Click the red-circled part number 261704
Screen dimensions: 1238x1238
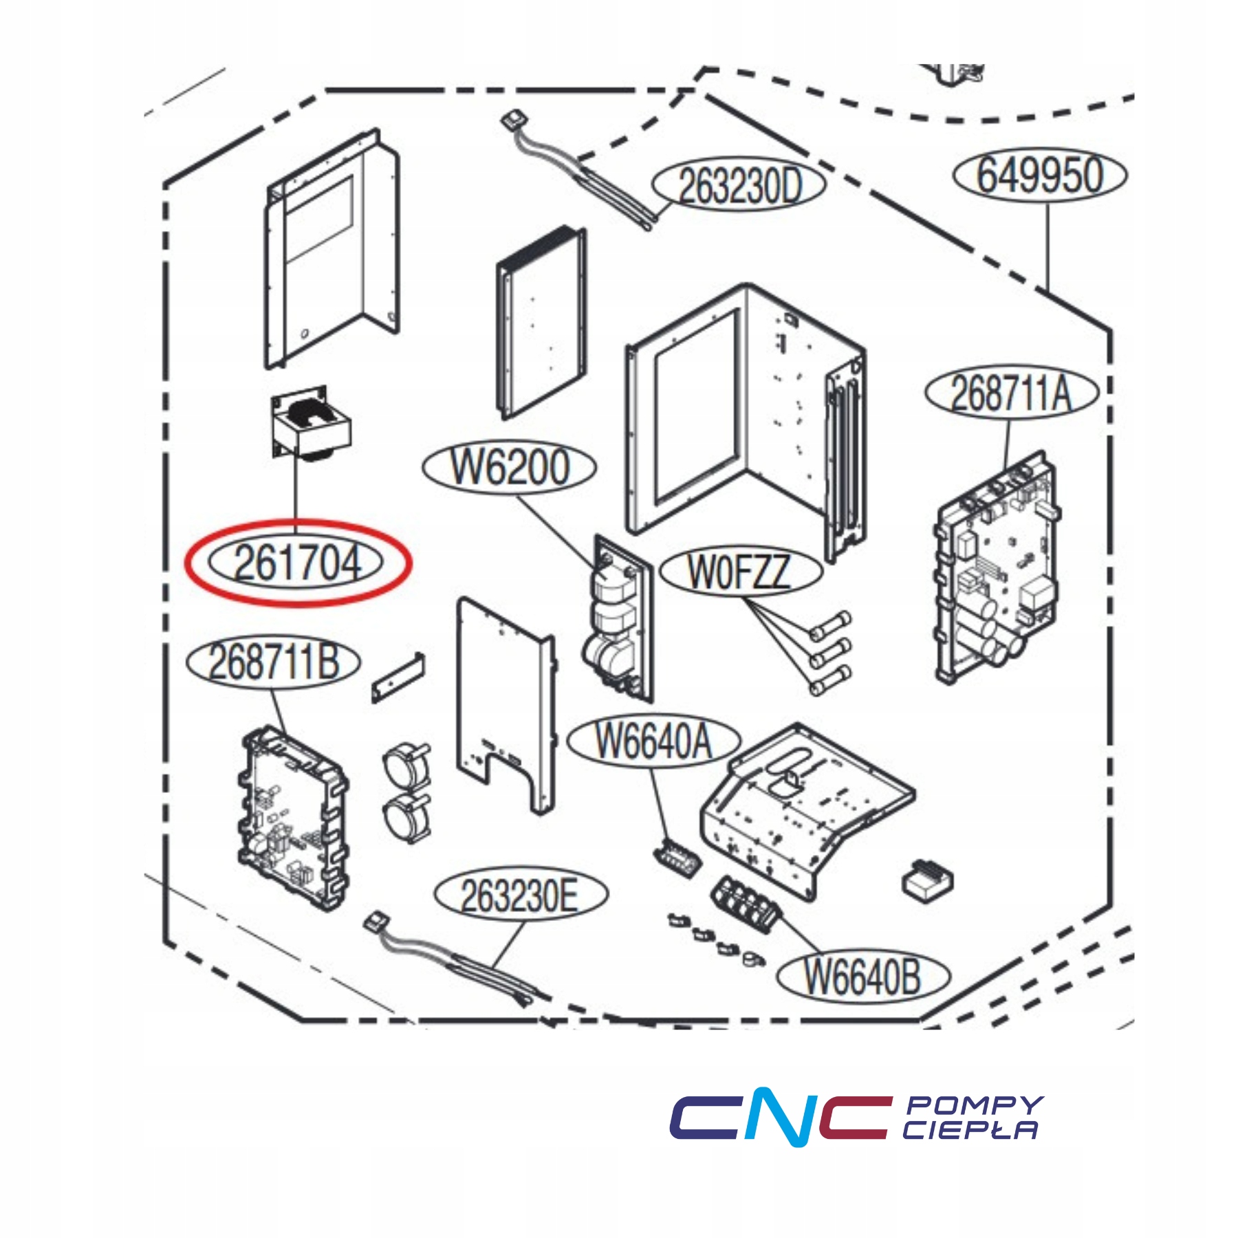coord(297,563)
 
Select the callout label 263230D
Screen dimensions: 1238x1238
coord(739,185)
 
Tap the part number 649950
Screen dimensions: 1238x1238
coord(1039,175)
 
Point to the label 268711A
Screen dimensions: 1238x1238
coord(1011,393)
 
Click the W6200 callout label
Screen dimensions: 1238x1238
coord(509,467)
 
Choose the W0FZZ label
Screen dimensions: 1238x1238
coord(740,572)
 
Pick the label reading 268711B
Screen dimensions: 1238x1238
coord(273,662)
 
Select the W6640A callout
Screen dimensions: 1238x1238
coord(653,741)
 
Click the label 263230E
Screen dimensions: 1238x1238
coord(521,895)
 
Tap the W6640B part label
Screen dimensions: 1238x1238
coord(862,976)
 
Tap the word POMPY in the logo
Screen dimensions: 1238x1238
coord(974,1105)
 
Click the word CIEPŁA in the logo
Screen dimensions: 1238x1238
coord(970,1131)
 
